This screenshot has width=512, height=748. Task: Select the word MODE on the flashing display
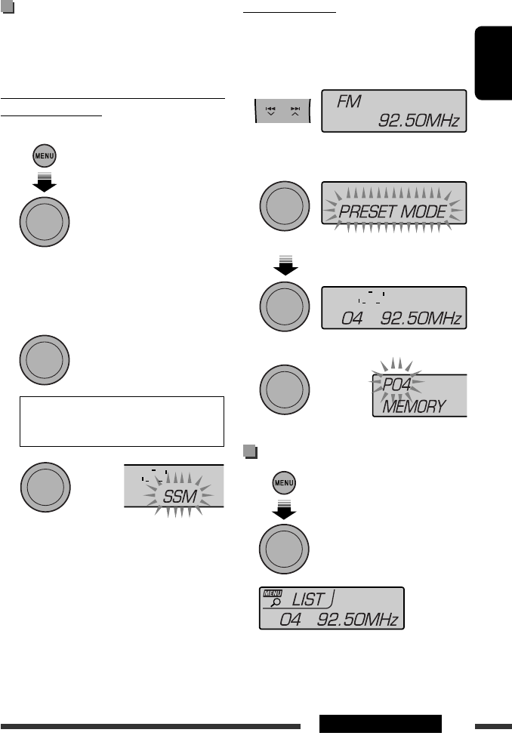click(424, 212)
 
